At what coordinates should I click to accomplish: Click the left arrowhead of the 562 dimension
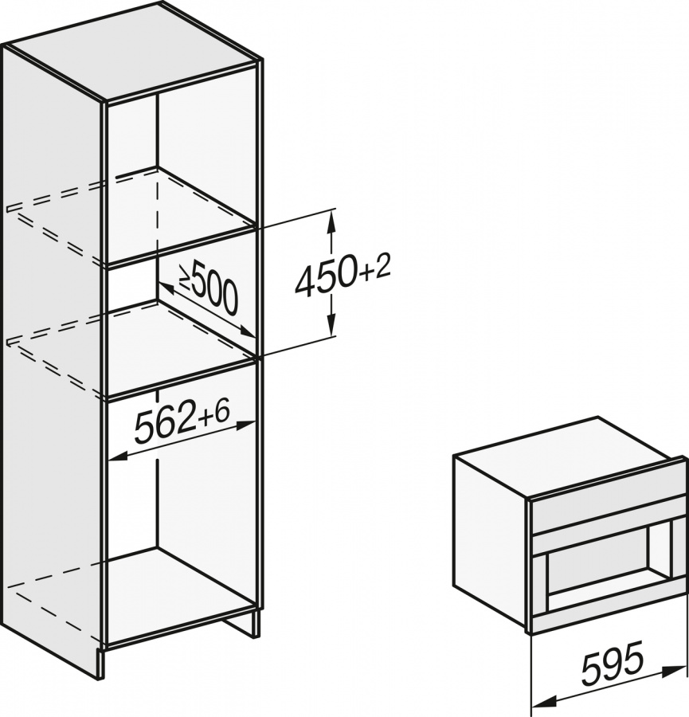click(115, 457)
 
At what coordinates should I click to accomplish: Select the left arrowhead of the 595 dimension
click(538, 703)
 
